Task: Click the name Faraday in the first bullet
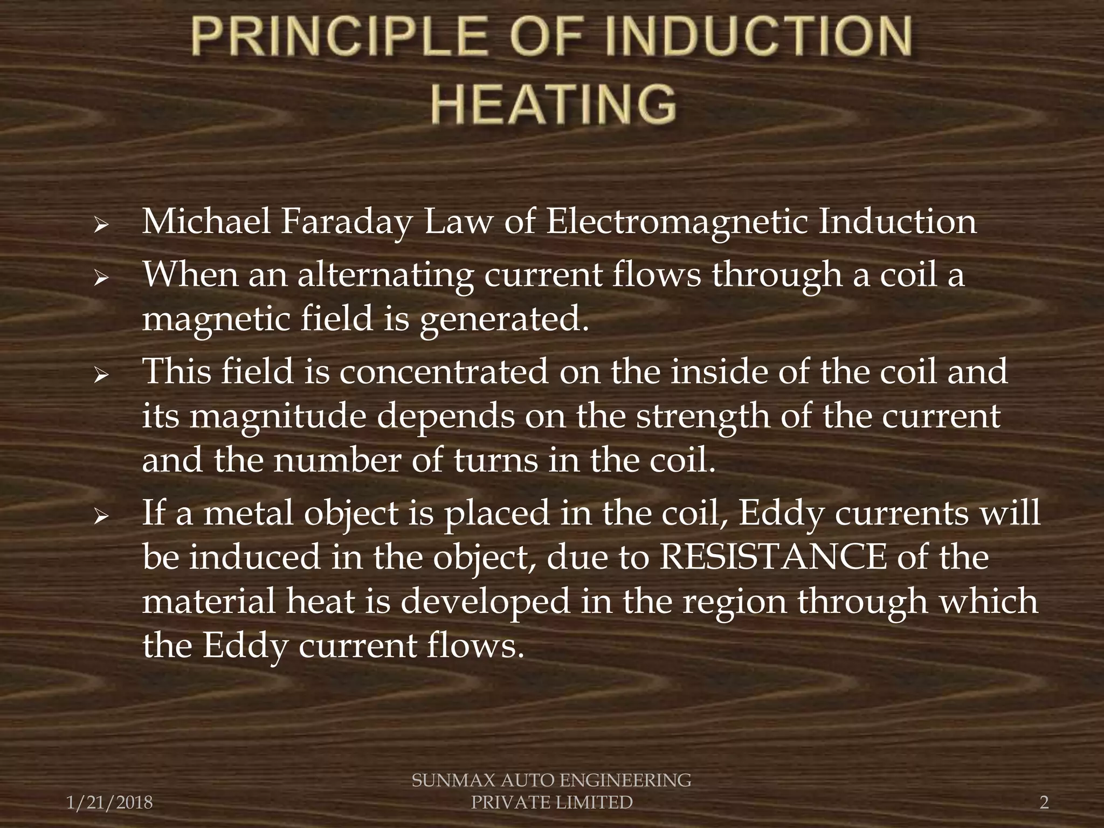[x=346, y=222]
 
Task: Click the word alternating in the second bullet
[x=385, y=276]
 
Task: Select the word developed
[x=485, y=602]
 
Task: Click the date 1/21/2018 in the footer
[x=110, y=803]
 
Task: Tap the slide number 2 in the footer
[x=1044, y=803]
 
